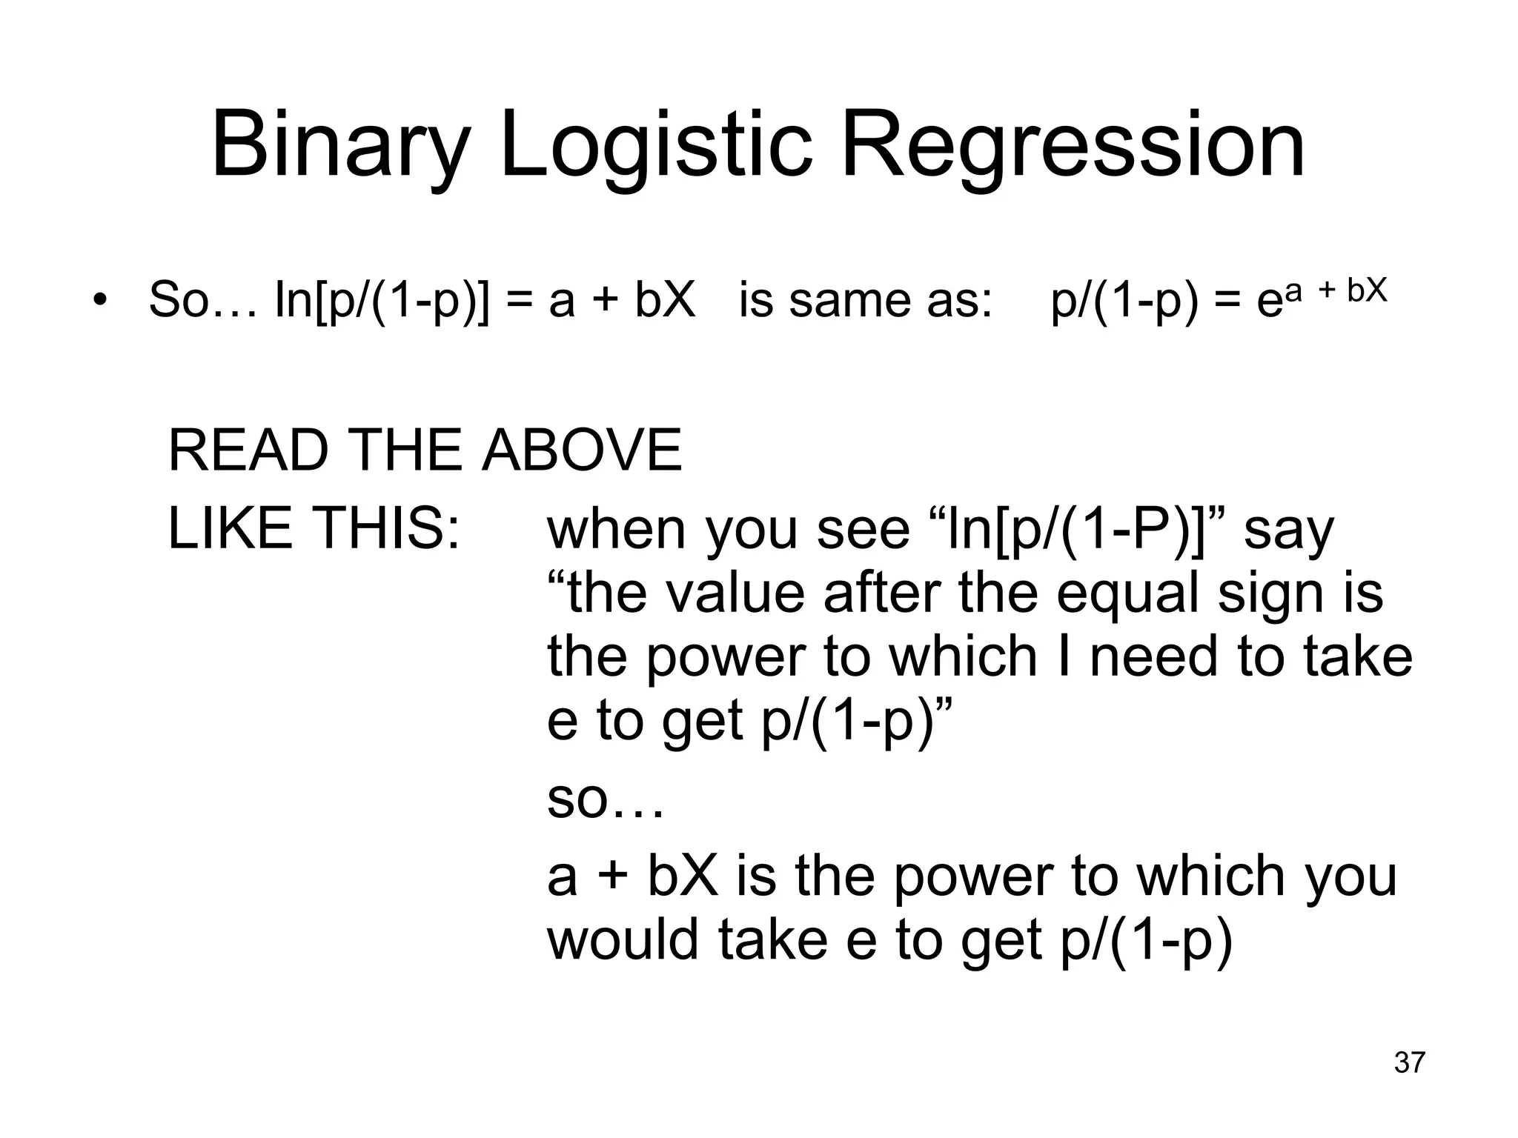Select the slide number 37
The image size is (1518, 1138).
pos(1409,1062)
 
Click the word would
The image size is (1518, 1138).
pos(623,939)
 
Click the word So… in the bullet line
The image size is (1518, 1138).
pos(202,300)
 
